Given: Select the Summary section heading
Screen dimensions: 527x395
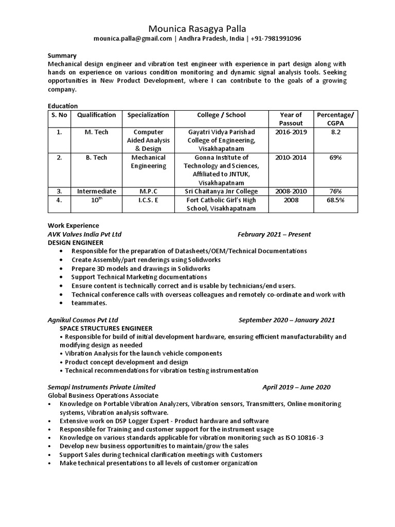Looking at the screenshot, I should [62, 56].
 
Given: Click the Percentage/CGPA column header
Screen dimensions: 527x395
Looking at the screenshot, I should [335, 119].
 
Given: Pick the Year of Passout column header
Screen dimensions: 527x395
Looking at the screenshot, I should [291, 119].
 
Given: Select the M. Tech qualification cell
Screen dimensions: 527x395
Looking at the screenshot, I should [96, 132].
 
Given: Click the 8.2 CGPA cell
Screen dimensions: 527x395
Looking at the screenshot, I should [335, 132].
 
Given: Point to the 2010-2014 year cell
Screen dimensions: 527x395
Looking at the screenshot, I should [291, 157].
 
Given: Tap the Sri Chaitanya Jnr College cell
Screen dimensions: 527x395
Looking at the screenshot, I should [223, 191].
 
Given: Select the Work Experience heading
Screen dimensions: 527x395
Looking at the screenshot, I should [73, 226].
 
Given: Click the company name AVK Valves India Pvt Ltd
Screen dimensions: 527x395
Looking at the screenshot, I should [84, 234].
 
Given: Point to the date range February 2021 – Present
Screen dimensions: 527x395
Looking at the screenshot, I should [274, 234].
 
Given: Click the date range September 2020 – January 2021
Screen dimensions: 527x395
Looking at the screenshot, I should [286, 320].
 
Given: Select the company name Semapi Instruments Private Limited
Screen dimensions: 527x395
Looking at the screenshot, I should [101, 387].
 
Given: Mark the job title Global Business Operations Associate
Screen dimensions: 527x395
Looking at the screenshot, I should [103, 396].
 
